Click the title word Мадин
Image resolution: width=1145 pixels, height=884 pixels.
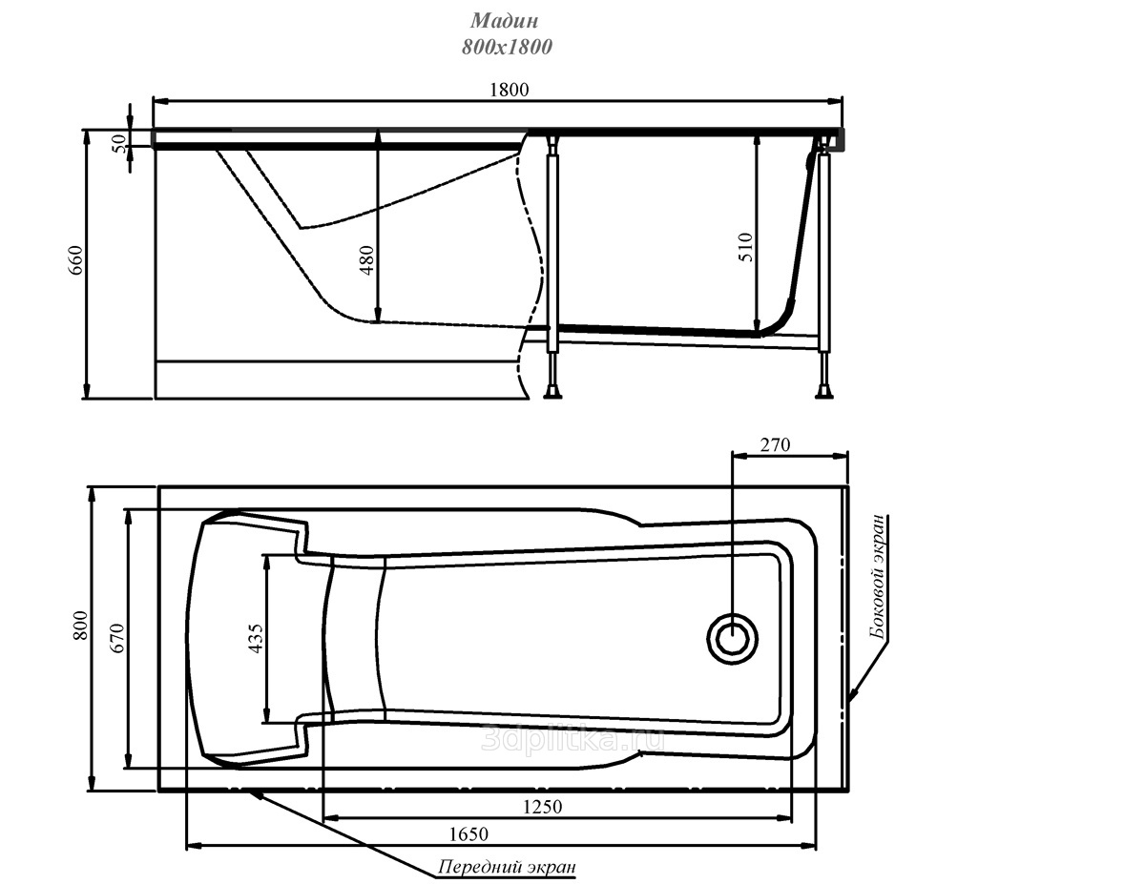(504, 21)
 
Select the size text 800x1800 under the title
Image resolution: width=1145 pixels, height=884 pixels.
(507, 48)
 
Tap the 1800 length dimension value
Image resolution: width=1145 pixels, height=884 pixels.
(509, 90)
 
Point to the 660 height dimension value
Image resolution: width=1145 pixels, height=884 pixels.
(75, 259)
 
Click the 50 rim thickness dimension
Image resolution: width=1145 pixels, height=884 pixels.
(120, 144)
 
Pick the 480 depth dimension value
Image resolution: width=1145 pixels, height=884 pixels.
(366, 259)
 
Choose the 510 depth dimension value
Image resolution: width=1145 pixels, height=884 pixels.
(745, 247)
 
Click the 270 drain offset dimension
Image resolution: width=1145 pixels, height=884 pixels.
(775, 445)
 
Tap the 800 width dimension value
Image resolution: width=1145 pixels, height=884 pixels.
(80, 626)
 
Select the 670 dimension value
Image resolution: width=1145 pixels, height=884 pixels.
(117, 638)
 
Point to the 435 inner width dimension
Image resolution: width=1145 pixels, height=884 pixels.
(255, 639)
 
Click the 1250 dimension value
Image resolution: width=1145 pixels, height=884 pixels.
(543, 806)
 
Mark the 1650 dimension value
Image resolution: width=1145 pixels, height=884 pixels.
(468, 834)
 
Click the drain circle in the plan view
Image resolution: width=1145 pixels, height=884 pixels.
(733, 638)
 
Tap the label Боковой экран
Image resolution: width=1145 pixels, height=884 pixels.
(879, 577)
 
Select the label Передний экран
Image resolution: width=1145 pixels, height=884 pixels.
(507, 867)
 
